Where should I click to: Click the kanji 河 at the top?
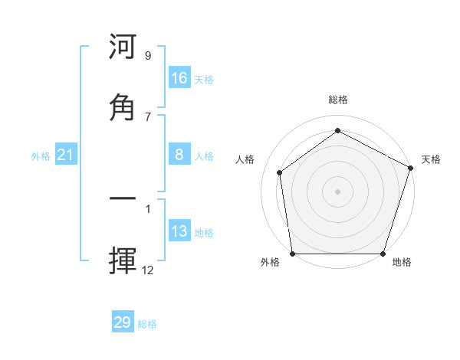click(123, 48)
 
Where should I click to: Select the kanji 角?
click(123, 106)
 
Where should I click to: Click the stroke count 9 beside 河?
click(148, 56)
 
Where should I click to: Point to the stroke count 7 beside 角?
click(148, 116)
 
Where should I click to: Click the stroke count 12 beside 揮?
click(148, 270)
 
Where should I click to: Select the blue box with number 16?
click(179, 78)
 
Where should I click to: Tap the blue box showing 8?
click(179, 155)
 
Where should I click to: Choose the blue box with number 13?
click(179, 231)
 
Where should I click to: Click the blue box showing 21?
click(66, 155)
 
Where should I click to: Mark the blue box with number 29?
click(123, 322)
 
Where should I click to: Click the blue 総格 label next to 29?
click(147, 324)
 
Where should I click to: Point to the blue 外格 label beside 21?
click(41, 156)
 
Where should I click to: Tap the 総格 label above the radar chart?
click(338, 100)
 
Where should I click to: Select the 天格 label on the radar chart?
click(431, 159)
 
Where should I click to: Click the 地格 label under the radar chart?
click(402, 263)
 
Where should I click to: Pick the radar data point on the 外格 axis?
click(293, 254)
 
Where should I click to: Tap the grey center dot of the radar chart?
click(337, 191)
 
